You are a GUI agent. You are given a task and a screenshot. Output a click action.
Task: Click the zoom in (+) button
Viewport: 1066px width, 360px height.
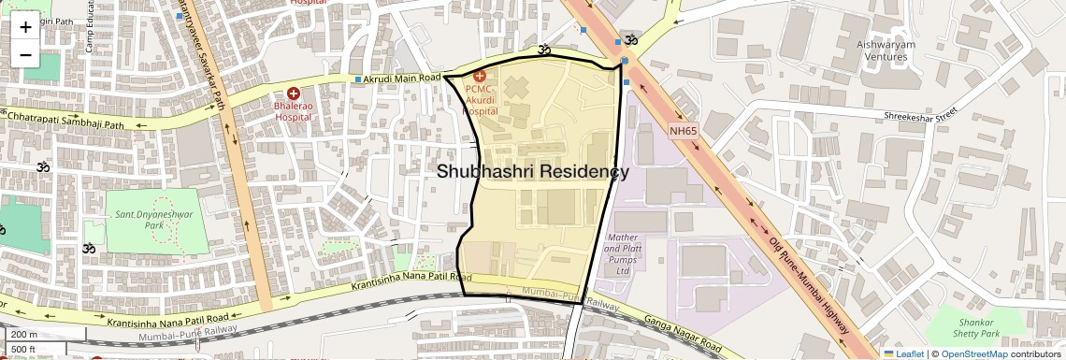pyautogui.click(x=25, y=27)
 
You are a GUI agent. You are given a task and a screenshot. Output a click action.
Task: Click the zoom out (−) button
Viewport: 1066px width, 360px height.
pyautogui.click(x=25, y=55)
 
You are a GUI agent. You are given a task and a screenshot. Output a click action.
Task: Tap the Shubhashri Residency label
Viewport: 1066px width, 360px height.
pyautogui.click(x=532, y=172)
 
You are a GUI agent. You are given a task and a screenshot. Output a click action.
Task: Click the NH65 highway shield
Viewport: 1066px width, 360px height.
pyautogui.click(x=684, y=131)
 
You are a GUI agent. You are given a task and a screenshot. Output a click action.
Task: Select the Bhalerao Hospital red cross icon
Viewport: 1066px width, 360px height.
pyautogui.click(x=294, y=94)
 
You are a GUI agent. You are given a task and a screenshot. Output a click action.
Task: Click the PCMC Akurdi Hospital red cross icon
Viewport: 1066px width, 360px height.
pyautogui.click(x=481, y=75)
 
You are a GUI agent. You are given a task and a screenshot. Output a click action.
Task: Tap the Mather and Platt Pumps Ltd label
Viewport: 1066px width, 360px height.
pyautogui.click(x=623, y=254)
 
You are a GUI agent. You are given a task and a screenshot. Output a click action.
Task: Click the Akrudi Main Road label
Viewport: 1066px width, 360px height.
pyautogui.click(x=402, y=79)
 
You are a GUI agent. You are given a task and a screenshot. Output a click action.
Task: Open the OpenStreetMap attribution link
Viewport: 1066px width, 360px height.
pyautogui.click(x=973, y=353)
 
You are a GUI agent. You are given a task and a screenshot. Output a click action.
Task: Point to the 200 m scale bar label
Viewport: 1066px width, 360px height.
pyautogui.click(x=24, y=335)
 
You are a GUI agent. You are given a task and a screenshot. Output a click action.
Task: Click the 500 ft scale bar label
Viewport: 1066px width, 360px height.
pyautogui.click(x=24, y=349)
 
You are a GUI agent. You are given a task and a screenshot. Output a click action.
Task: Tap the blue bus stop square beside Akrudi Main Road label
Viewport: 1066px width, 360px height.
pyautogui.click(x=357, y=79)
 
